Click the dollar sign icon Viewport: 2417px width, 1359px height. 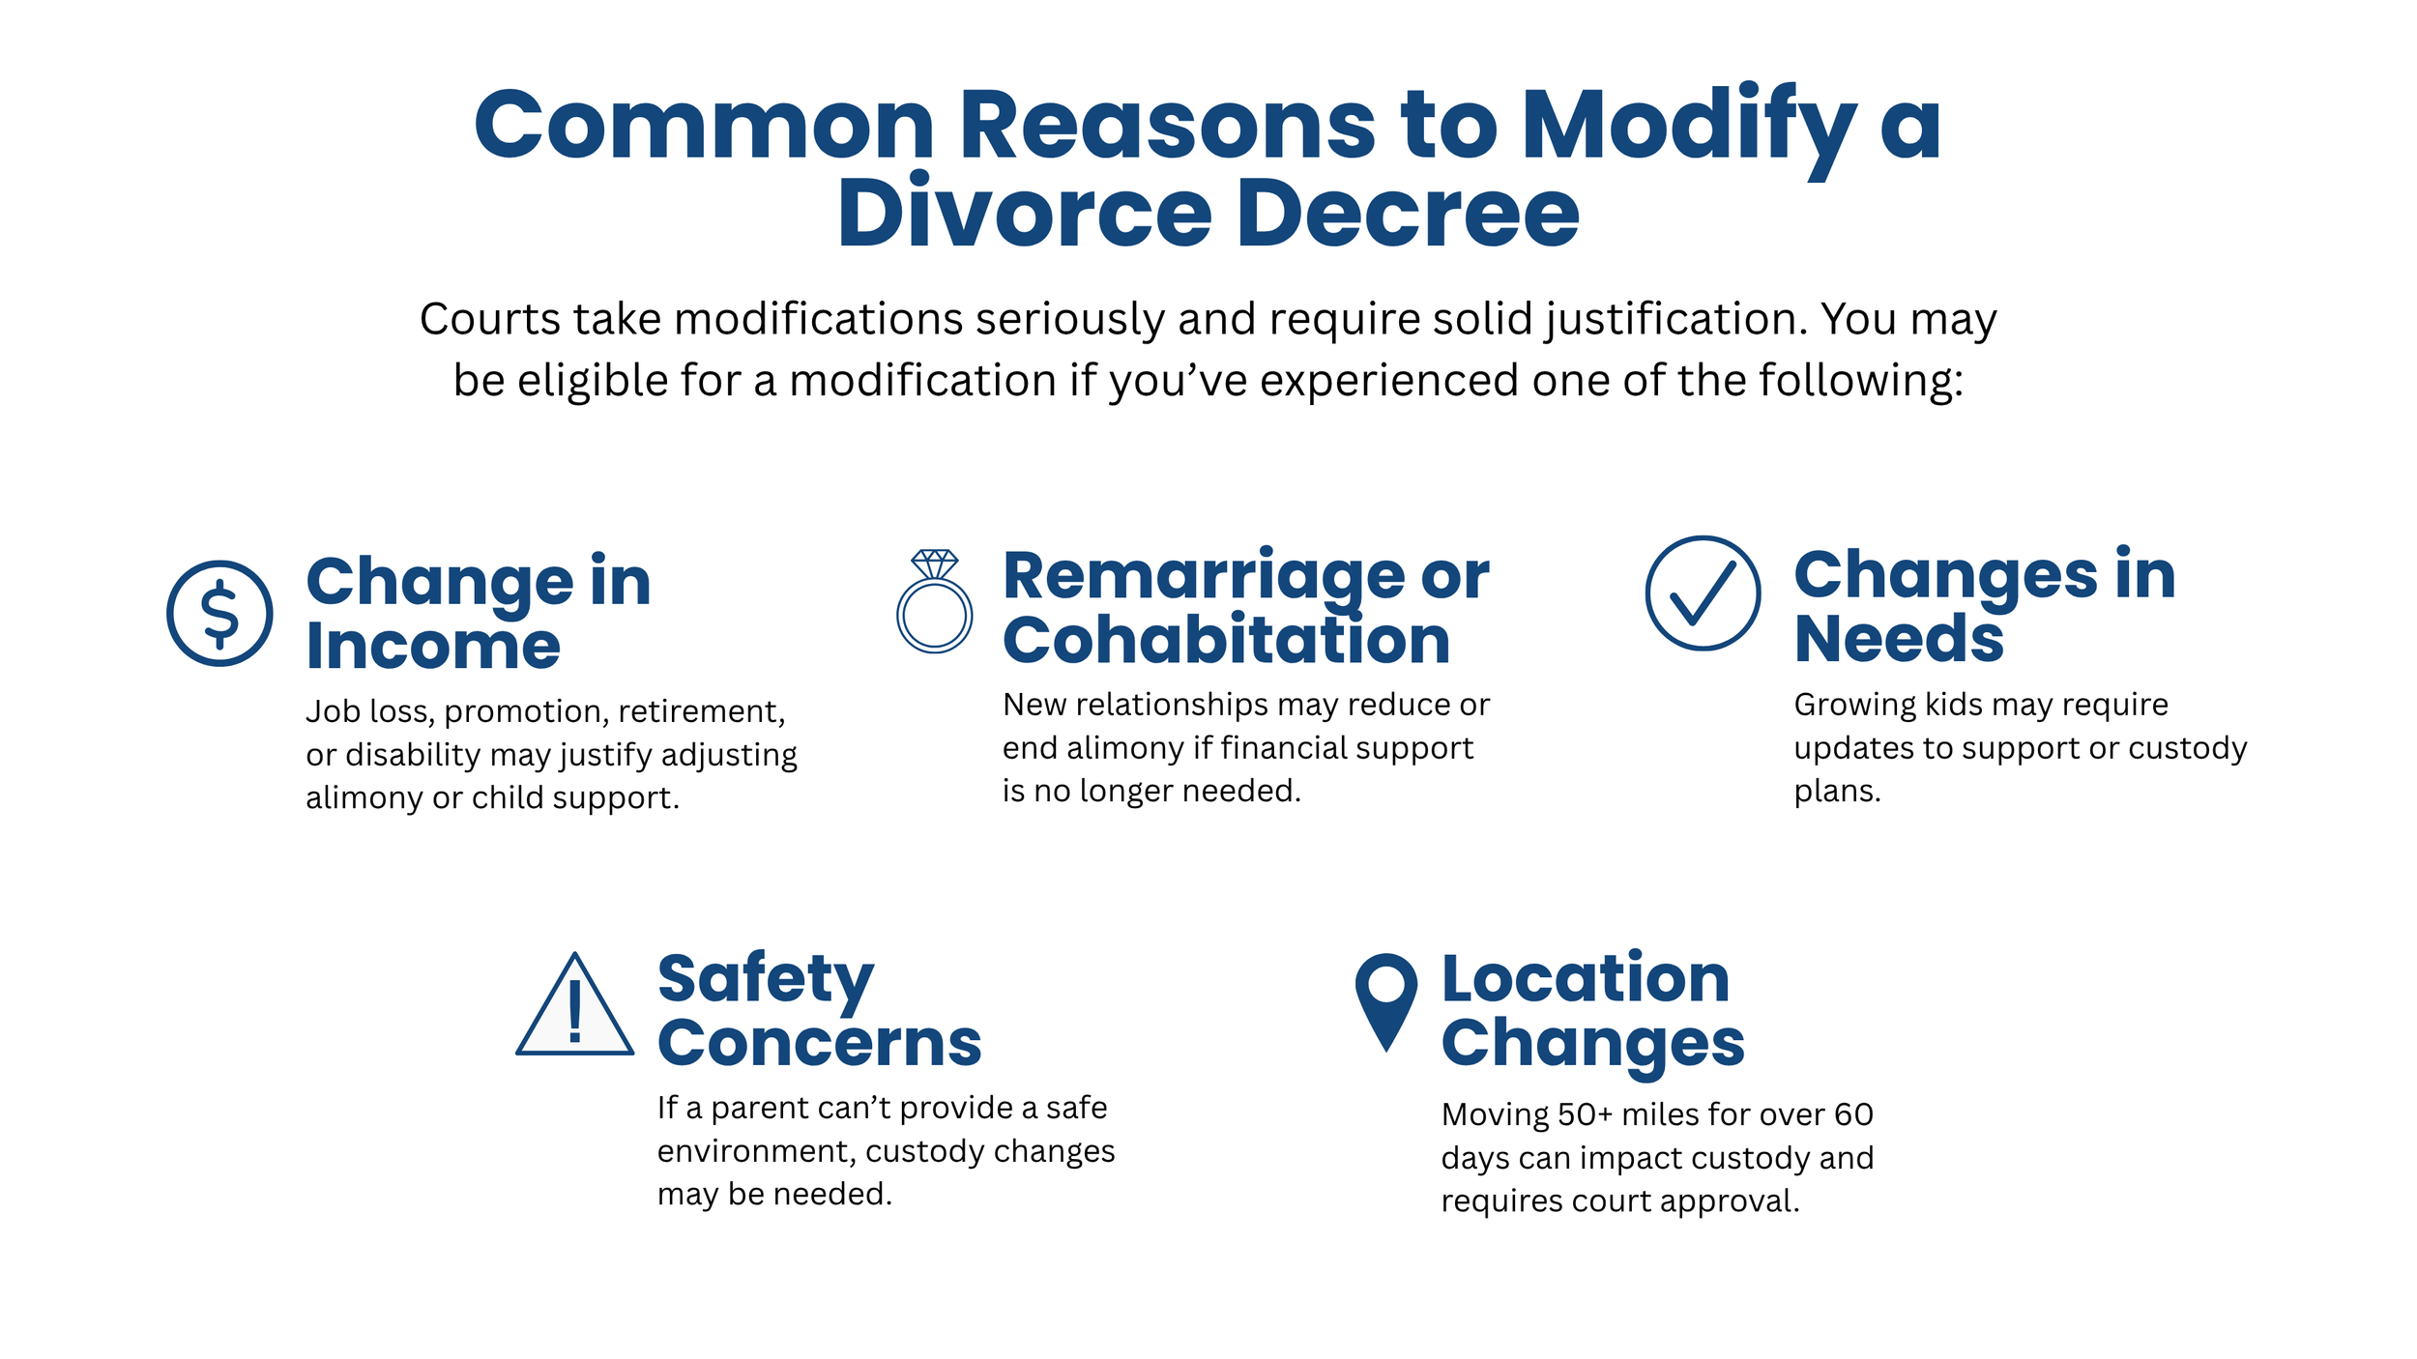click(219, 613)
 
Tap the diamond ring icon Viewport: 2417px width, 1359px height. click(934, 602)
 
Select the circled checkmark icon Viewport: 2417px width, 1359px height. click(1703, 593)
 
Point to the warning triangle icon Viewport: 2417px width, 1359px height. click(575, 1008)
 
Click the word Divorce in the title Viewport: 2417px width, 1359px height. click(1024, 214)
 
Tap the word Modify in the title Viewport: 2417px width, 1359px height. click(1688, 126)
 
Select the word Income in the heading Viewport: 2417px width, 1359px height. click(433, 646)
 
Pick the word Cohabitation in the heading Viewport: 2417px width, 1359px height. click(1226, 640)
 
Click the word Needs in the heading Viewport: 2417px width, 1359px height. click(1899, 639)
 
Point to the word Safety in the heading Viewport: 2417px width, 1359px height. click(766, 979)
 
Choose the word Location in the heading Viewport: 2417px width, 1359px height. click(1585, 978)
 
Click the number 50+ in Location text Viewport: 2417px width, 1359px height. click(1585, 1114)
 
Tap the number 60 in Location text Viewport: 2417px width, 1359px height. click(1853, 1114)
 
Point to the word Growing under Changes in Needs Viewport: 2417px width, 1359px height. click(1853, 706)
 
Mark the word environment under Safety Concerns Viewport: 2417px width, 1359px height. click(755, 1151)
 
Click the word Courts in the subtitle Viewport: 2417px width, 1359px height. click(489, 319)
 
